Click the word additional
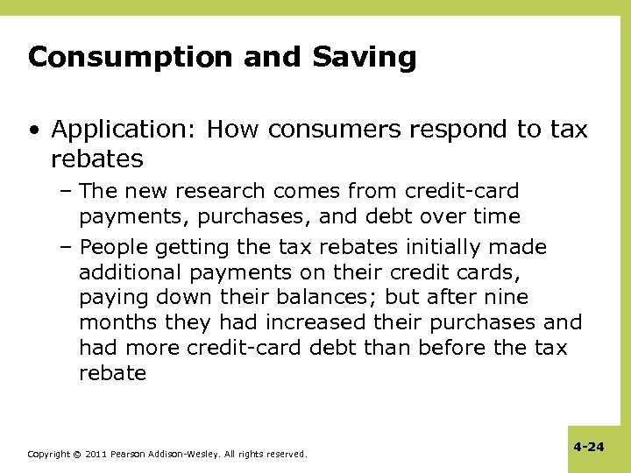click(132, 272)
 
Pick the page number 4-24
click(589, 447)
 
